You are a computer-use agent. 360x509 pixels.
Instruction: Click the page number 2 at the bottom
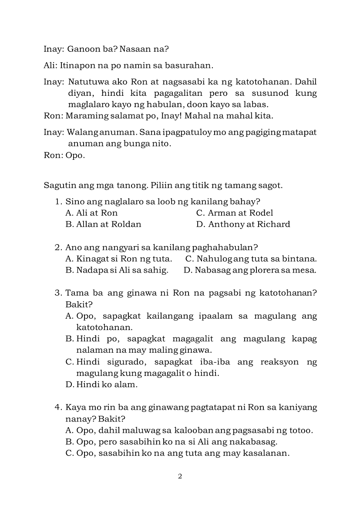tap(180, 476)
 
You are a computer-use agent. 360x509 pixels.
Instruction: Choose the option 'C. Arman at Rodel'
tap(235, 213)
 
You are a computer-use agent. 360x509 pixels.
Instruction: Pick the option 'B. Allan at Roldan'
tap(103, 224)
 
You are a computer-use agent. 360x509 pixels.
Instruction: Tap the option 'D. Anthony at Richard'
tap(243, 224)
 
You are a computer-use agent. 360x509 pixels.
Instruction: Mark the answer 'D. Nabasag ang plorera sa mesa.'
tap(250, 270)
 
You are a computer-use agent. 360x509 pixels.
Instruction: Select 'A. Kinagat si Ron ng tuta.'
tap(118, 259)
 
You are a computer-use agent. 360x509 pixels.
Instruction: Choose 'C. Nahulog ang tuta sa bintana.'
tap(251, 259)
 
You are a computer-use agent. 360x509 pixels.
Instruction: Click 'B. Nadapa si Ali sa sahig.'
tap(117, 270)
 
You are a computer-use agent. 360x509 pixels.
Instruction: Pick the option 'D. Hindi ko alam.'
tap(101, 384)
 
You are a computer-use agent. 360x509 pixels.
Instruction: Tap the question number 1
tap(57, 202)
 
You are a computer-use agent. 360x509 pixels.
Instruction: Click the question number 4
tap(57, 408)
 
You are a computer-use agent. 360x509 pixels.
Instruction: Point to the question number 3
tap(57, 293)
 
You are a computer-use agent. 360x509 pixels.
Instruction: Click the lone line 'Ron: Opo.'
tap(64, 155)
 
